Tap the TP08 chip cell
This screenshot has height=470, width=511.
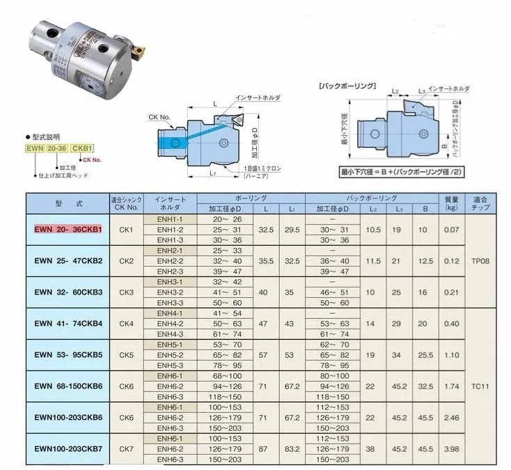(x=485, y=260)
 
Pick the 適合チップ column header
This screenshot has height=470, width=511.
(x=485, y=203)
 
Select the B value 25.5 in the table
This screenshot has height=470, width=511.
(x=423, y=354)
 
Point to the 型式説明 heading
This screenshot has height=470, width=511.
(x=48, y=136)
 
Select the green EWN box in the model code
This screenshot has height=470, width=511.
(x=44, y=147)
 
